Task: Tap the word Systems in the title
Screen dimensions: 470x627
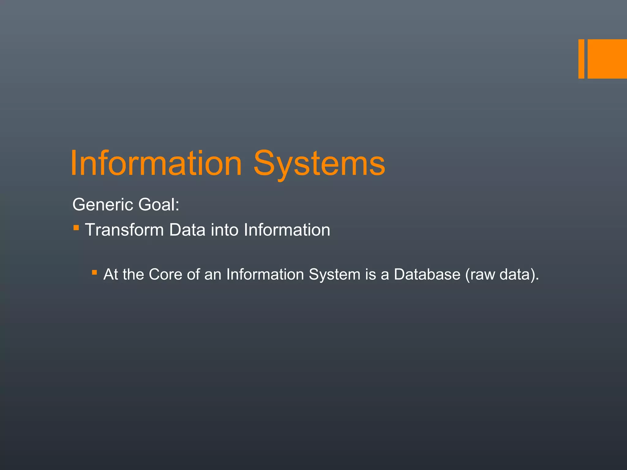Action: click(319, 164)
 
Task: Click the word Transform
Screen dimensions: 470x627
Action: click(124, 230)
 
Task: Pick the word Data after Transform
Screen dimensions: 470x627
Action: click(187, 230)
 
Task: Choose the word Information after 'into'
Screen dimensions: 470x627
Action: click(287, 230)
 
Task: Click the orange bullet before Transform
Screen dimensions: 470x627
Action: click(76, 228)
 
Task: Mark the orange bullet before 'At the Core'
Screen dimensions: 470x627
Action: click(94, 272)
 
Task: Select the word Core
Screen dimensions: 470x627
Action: click(166, 274)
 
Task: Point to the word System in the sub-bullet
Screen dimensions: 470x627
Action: click(334, 274)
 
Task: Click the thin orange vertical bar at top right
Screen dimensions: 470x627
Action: click(581, 59)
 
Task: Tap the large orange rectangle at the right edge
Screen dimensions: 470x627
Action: click(607, 59)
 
